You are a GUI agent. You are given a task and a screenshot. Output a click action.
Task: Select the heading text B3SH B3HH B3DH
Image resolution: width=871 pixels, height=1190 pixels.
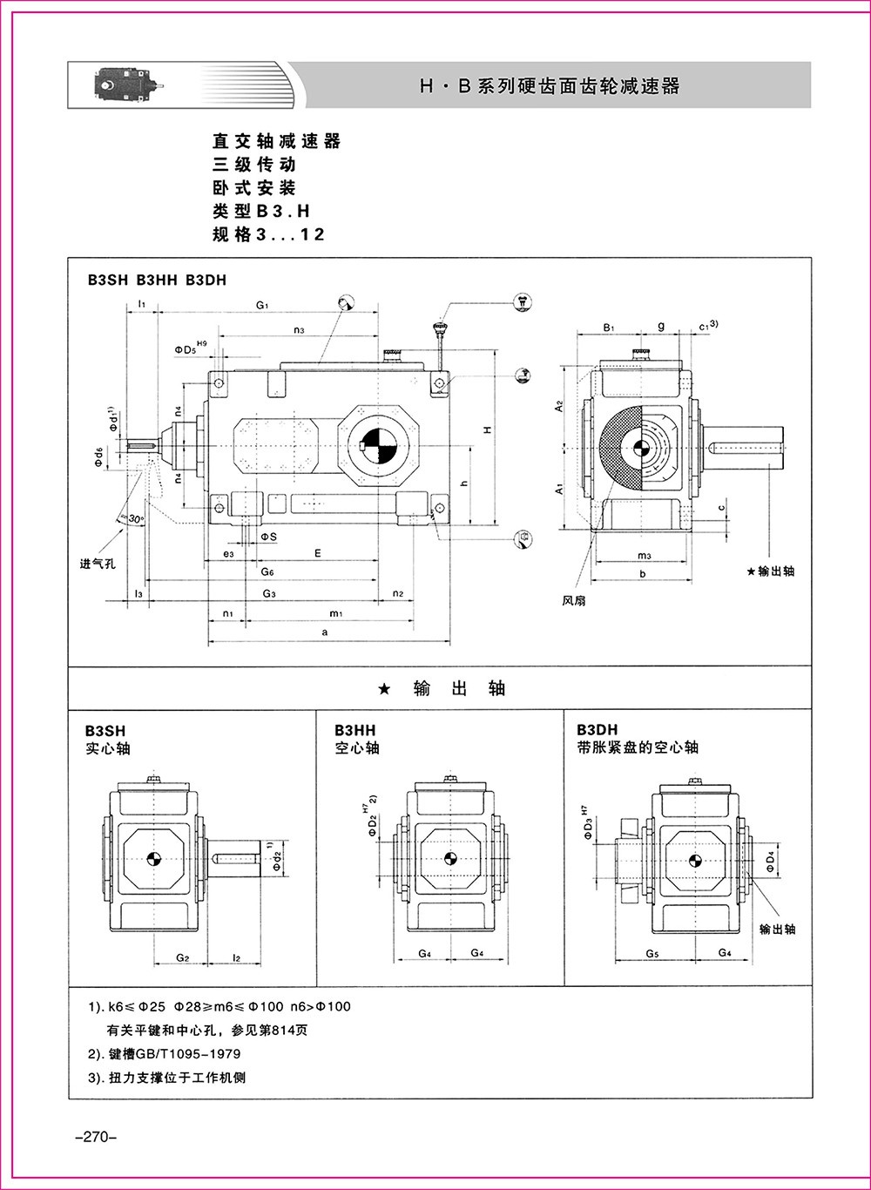tap(156, 281)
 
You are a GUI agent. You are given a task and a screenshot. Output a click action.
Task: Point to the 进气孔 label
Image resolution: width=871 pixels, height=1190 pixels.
tap(98, 564)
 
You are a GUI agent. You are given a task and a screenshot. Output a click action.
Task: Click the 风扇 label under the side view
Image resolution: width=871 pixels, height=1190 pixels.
tap(573, 600)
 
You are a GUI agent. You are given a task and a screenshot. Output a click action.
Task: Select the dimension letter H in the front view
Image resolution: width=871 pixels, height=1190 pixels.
tap(489, 429)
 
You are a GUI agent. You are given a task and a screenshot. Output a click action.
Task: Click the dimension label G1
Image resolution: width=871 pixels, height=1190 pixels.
tap(262, 305)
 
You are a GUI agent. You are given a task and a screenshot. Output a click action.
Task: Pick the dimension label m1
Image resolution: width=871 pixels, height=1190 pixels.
tap(334, 613)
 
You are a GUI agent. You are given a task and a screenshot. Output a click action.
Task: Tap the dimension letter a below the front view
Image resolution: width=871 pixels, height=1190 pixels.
tap(325, 632)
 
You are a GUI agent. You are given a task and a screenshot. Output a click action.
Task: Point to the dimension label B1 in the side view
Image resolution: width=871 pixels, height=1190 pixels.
tap(610, 328)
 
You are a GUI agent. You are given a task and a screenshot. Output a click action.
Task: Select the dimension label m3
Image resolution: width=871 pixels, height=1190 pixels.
tap(644, 555)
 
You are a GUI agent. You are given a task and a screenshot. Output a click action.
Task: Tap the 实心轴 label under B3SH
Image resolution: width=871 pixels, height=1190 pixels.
tap(108, 748)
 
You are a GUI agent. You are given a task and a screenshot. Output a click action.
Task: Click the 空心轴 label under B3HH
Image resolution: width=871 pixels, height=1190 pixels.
tap(357, 748)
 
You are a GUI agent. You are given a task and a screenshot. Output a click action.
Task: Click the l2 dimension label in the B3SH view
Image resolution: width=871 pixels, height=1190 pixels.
tap(236, 957)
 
